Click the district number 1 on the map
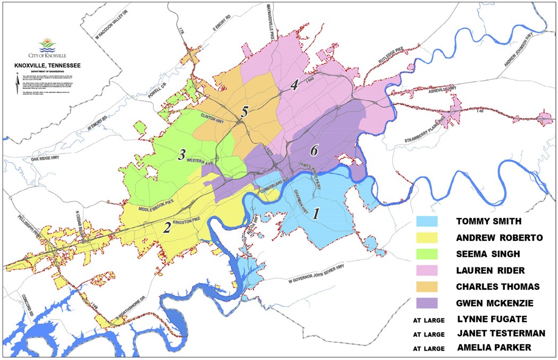tap(316, 214)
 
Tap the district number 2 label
tap(167, 228)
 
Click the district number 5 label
tap(244, 112)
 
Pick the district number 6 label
tap(314, 151)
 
